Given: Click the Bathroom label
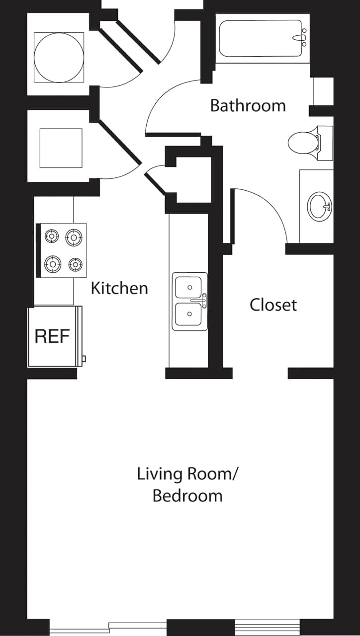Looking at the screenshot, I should coord(248,106).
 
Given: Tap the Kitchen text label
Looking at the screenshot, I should coord(119,288).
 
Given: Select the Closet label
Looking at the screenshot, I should coord(273,305).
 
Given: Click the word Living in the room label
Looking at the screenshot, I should coord(160,474).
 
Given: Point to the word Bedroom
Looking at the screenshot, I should coord(187,496).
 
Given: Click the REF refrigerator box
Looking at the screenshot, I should coord(52,337).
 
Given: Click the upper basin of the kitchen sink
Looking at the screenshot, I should coord(189,287).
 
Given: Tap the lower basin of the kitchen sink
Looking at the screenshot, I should coord(189,314).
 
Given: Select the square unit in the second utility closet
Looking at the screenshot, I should coord(61,148).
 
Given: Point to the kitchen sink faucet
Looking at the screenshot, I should coord(204,300).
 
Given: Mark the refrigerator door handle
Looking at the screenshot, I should coord(84,358).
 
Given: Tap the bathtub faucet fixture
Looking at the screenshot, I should coord(301,38).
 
